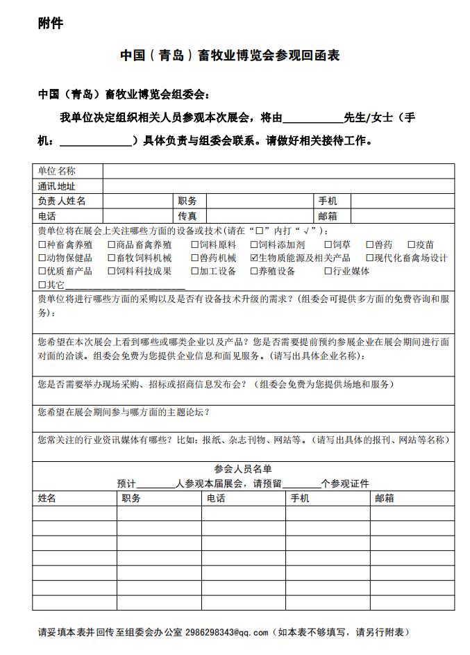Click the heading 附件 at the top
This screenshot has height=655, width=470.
[51, 24]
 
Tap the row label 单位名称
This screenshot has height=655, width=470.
[57, 171]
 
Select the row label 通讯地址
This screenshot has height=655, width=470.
[57, 186]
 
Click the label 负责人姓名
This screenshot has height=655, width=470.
[62, 201]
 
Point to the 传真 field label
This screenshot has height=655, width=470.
[187, 216]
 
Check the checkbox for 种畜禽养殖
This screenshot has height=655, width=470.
[42, 245]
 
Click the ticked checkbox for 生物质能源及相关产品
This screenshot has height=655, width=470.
[254, 258]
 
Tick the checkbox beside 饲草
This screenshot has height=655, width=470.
[328, 245]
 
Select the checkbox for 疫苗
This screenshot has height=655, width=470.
[411, 245]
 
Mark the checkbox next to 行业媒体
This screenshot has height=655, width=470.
[328, 272]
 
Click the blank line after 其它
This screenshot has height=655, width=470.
[125, 286]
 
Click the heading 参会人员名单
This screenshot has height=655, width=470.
[243, 469]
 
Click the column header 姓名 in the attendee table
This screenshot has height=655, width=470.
[47, 498]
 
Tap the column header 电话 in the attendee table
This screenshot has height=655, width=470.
[215, 498]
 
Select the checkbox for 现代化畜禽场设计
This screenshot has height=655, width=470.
[370, 258]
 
